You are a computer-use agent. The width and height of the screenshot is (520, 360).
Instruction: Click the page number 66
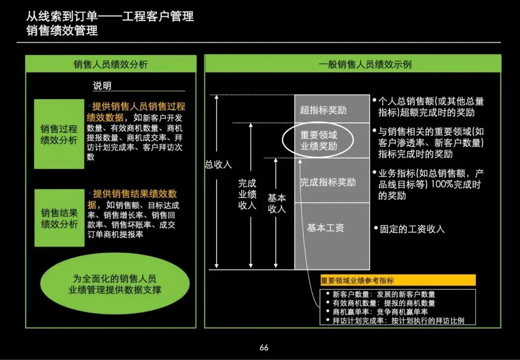click(263, 347)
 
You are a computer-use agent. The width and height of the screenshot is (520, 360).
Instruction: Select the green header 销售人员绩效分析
click(111, 64)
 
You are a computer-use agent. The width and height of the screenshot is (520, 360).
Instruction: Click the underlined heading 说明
click(102, 86)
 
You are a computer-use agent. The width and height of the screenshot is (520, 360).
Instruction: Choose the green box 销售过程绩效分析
click(59, 134)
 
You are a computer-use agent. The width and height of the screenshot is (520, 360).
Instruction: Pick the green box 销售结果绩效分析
click(59, 218)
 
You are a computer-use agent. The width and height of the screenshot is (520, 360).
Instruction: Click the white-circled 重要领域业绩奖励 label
click(319, 141)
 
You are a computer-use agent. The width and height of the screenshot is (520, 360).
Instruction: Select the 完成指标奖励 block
click(328, 182)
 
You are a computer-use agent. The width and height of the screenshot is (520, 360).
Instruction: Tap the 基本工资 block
click(326, 228)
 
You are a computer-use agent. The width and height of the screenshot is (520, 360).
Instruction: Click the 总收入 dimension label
click(218, 164)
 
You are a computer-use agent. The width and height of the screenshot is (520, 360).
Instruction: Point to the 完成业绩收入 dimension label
click(247, 194)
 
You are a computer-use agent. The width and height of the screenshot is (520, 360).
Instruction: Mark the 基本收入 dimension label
click(277, 203)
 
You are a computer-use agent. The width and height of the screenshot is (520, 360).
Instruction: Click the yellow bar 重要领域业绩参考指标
click(398, 281)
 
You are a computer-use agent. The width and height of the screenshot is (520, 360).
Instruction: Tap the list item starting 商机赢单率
click(380, 311)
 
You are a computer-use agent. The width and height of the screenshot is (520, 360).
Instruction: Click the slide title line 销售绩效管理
click(63, 31)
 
